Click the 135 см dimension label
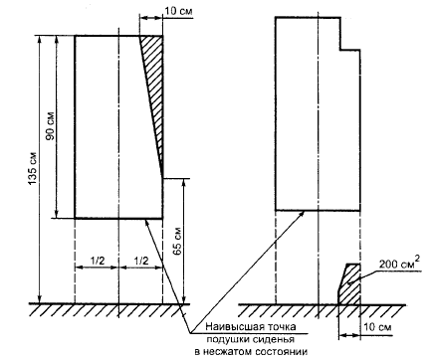click(33, 168)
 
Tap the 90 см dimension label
click(51, 126)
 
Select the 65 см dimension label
click(177, 241)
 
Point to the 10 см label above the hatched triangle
click(178, 11)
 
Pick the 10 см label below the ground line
click(377, 327)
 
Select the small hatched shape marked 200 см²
click(350, 284)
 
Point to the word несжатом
click(228, 352)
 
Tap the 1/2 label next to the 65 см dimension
click(141, 261)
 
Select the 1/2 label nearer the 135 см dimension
click(98, 261)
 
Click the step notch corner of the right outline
click(340, 50)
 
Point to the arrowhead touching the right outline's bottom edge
click(302, 214)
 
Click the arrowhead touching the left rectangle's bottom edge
click(147, 223)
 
